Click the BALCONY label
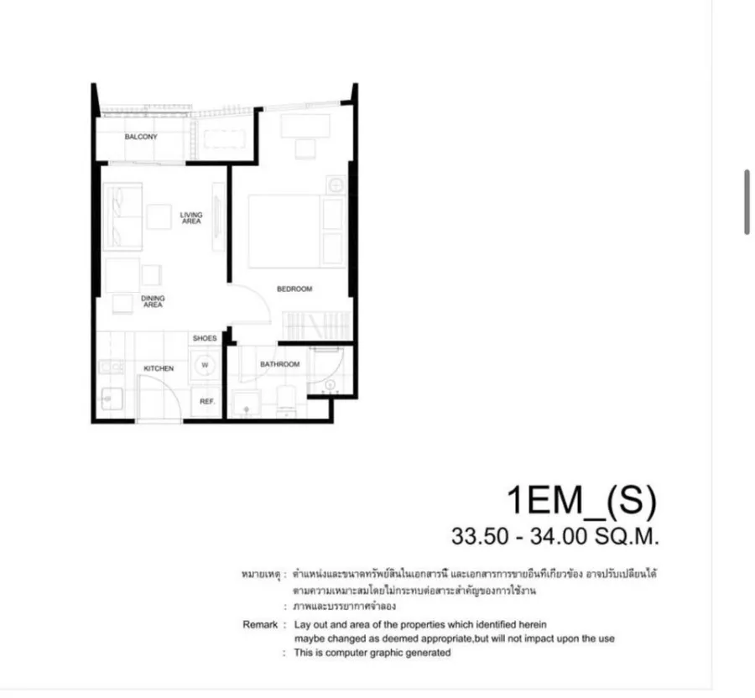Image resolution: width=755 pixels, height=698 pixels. click(x=141, y=137)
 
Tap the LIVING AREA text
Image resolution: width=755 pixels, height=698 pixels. click(x=191, y=218)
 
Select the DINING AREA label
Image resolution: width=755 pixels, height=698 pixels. click(x=153, y=301)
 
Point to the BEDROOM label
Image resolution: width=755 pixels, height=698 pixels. click(x=294, y=289)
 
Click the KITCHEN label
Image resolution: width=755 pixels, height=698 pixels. click(x=159, y=368)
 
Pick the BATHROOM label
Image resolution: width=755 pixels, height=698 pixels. click(x=279, y=364)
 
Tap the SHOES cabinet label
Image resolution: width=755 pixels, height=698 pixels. click(x=205, y=338)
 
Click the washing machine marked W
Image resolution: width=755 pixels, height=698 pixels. click(x=206, y=365)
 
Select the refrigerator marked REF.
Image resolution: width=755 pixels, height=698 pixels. click(x=207, y=402)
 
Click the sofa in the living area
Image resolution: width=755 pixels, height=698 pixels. click(x=122, y=216)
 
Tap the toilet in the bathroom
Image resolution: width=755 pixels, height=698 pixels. click(x=287, y=400)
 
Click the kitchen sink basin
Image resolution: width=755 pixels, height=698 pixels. click(x=112, y=399)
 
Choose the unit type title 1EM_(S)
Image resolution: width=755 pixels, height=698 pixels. click(x=581, y=501)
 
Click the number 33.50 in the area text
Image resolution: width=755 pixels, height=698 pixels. click(x=480, y=536)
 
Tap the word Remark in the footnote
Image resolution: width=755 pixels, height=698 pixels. click(x=260, y=625)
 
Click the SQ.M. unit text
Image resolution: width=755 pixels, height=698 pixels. click(x=627, y=536)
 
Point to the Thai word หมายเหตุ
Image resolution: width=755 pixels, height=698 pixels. click(x=261, y=575)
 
